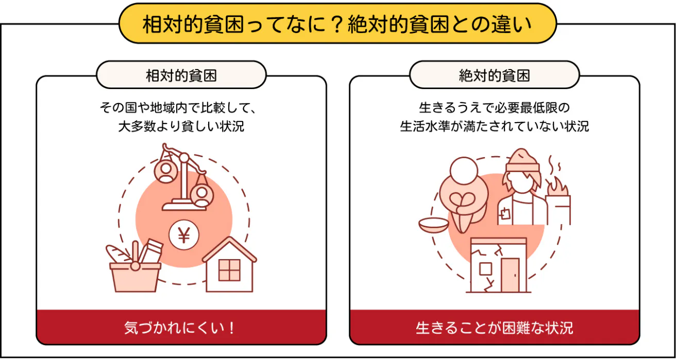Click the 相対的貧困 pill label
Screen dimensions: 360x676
[181, 76]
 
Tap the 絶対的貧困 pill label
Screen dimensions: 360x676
[494, 76]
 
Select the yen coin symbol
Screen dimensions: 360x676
[184, 235]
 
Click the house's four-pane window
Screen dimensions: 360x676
[229, 270]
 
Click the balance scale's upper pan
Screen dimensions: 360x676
[166, 172]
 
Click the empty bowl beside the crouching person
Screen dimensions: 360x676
[434, 225]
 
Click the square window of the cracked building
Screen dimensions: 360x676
[485, 269]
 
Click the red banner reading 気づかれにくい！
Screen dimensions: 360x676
[181, 328]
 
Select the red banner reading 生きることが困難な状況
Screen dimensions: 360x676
[494, 328]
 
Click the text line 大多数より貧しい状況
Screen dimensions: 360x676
[181, 126]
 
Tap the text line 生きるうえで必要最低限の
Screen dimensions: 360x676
[494, 108]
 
